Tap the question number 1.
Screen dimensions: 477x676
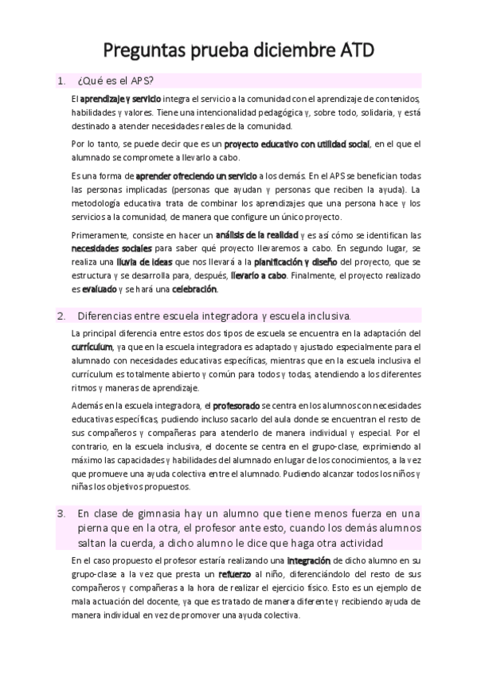coord(61,81)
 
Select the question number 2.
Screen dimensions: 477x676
coord(61,316)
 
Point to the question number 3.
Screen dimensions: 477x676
coord(61,513)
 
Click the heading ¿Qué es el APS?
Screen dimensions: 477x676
coord(115,81)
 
